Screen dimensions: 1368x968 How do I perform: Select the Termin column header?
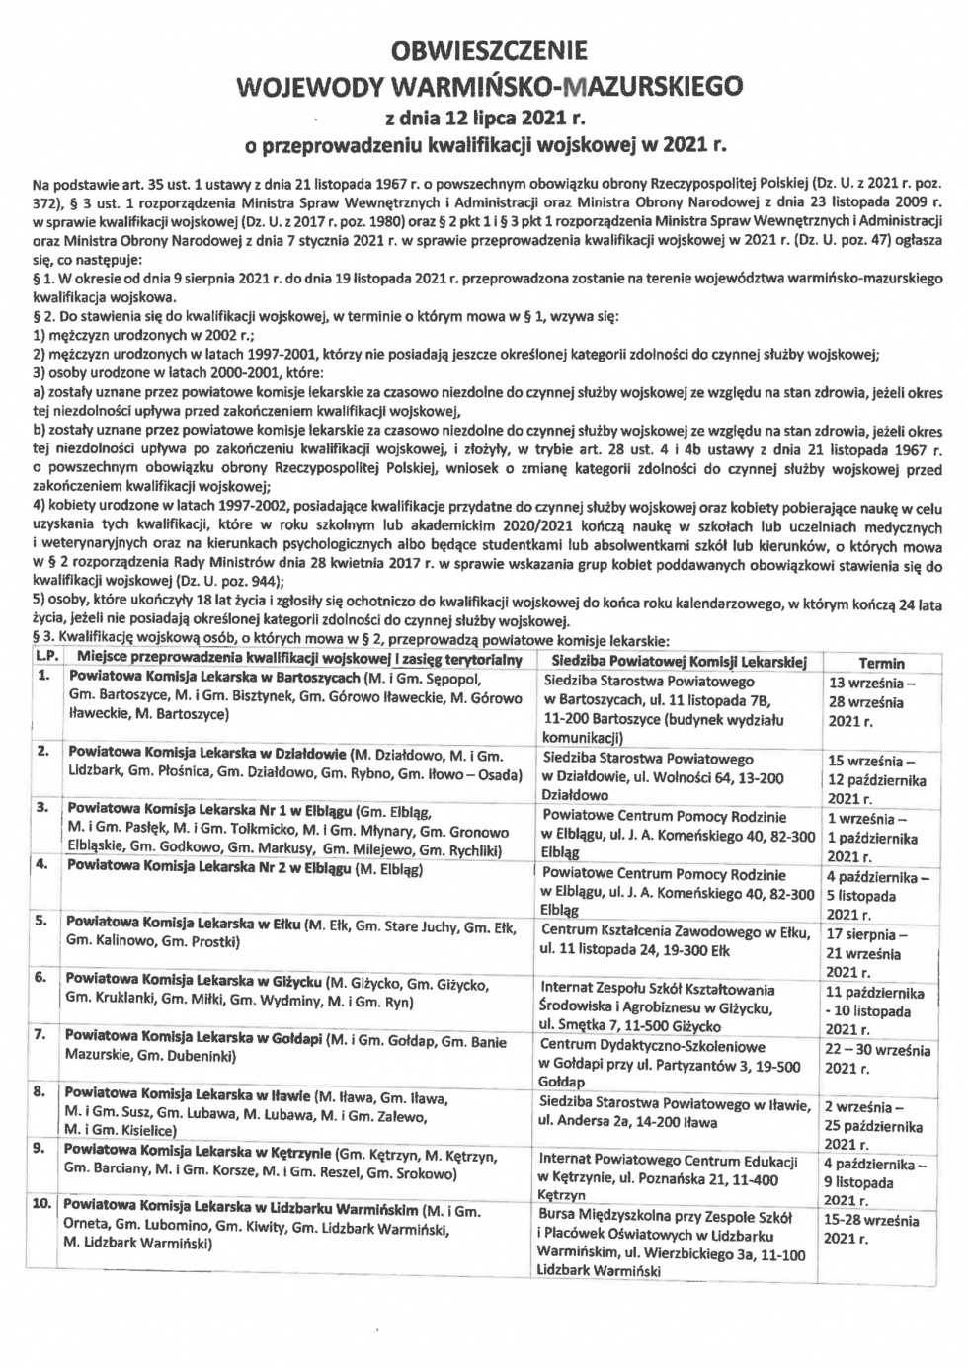881,664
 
